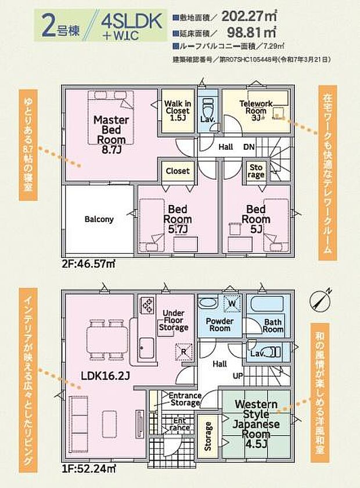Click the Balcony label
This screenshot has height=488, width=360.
[99, 219]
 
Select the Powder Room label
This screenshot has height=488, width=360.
[218, 324]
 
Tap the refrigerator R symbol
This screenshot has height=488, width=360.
[183, 351]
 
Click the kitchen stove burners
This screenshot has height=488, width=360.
[146, 303]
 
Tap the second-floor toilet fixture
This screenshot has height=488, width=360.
[207, 107]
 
